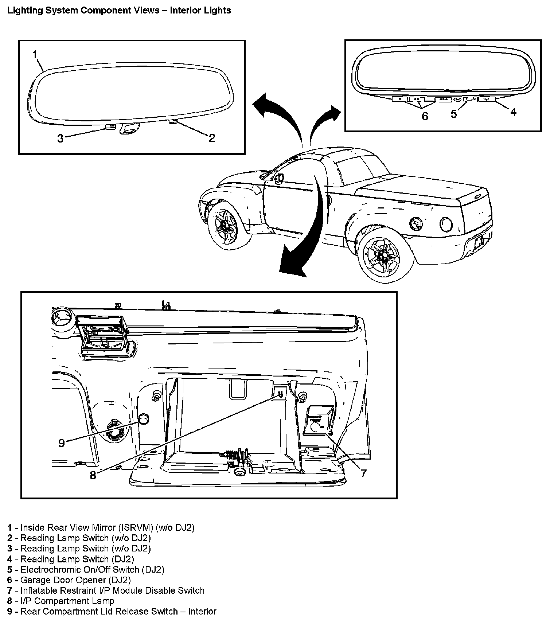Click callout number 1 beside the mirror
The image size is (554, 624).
coord(35,55)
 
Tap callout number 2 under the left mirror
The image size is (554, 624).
coord(212,137)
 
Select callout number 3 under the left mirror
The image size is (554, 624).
coord(61,138)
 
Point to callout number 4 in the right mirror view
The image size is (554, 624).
coord(513,112)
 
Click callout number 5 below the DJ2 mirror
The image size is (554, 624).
coord(454,114)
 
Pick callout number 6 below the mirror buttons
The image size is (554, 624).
coord(425,117)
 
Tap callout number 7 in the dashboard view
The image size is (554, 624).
coord(363,473)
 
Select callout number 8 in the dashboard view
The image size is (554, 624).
coord(93,475)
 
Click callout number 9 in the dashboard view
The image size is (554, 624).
coord(62,442)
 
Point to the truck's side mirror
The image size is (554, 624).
coord(279,179)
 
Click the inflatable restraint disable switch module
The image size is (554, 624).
coord(319,421)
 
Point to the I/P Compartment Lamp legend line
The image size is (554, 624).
coord(67,601)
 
